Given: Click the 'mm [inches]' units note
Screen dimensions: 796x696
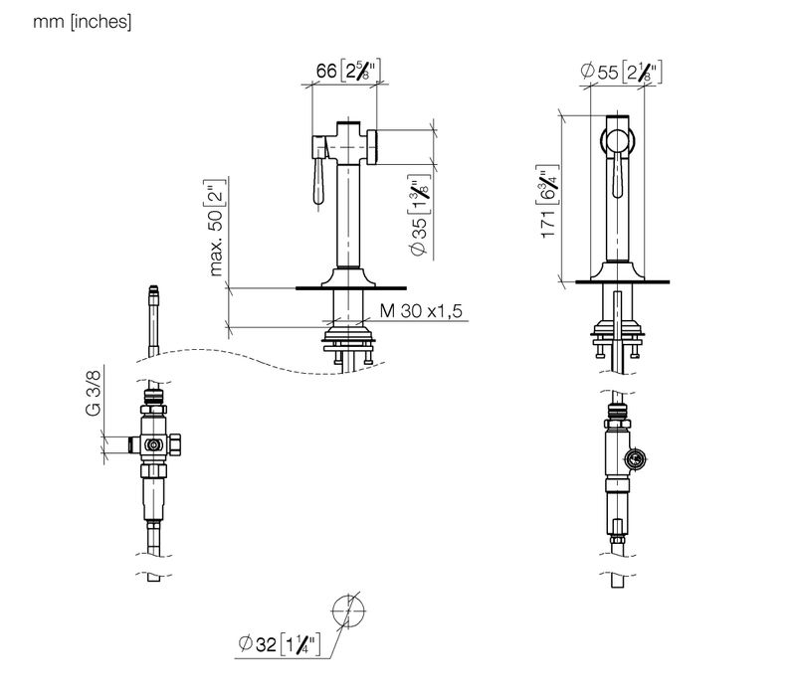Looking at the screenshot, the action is pyautogui.click(x=82, y=22).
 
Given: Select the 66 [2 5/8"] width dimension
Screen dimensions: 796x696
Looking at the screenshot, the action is pyautogui.click(x=347, y=71).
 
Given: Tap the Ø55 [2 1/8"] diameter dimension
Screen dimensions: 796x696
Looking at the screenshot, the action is pyautogui.click(x=621, y=72).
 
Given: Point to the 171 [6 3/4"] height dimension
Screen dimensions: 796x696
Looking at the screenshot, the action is pyautogui.click(x=547, y=202).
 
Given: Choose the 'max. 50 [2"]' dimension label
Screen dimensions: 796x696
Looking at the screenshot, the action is pyautogui.click(x=215, y=228).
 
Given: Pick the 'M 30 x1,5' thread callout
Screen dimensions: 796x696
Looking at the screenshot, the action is pyautogui.click(x=421, y=310).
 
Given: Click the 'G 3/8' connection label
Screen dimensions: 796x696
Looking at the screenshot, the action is pyautogui.click(x=94, y=393).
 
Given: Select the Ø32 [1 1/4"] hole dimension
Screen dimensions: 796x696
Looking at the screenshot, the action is pyautogui.click(x=280, y=643).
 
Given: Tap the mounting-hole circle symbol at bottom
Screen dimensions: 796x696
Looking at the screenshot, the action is pyautogui.click(x=349, y=610).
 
